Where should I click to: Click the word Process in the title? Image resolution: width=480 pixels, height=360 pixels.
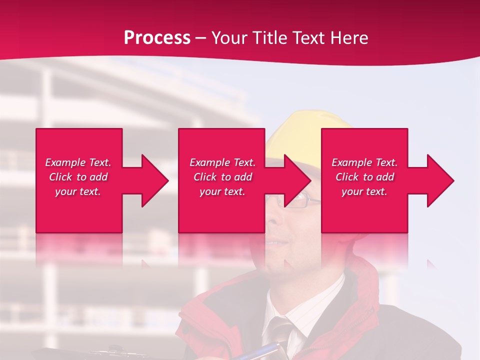coord(157,37)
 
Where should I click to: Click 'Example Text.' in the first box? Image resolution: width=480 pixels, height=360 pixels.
coord(78,162)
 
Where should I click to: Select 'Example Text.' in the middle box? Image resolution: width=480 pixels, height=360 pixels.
coord(222,162)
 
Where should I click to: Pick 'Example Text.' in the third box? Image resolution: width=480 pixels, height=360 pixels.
coord(364,162)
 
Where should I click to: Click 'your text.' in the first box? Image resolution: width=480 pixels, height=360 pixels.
coord(78,191)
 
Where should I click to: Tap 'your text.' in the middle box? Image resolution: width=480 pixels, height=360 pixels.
coord(222,191)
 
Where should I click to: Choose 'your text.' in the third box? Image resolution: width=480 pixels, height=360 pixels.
coord(364,191)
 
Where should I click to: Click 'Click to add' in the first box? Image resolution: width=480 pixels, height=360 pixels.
coord(78,177)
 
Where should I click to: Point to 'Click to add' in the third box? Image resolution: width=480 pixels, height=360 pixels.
coord(364,177)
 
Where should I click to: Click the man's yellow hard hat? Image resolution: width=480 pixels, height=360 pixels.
coord(300,130)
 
